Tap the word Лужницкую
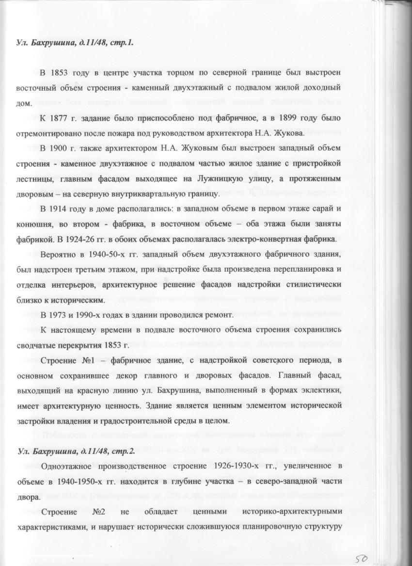click(x=224, y=178)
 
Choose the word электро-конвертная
click(x=266, y=239)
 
